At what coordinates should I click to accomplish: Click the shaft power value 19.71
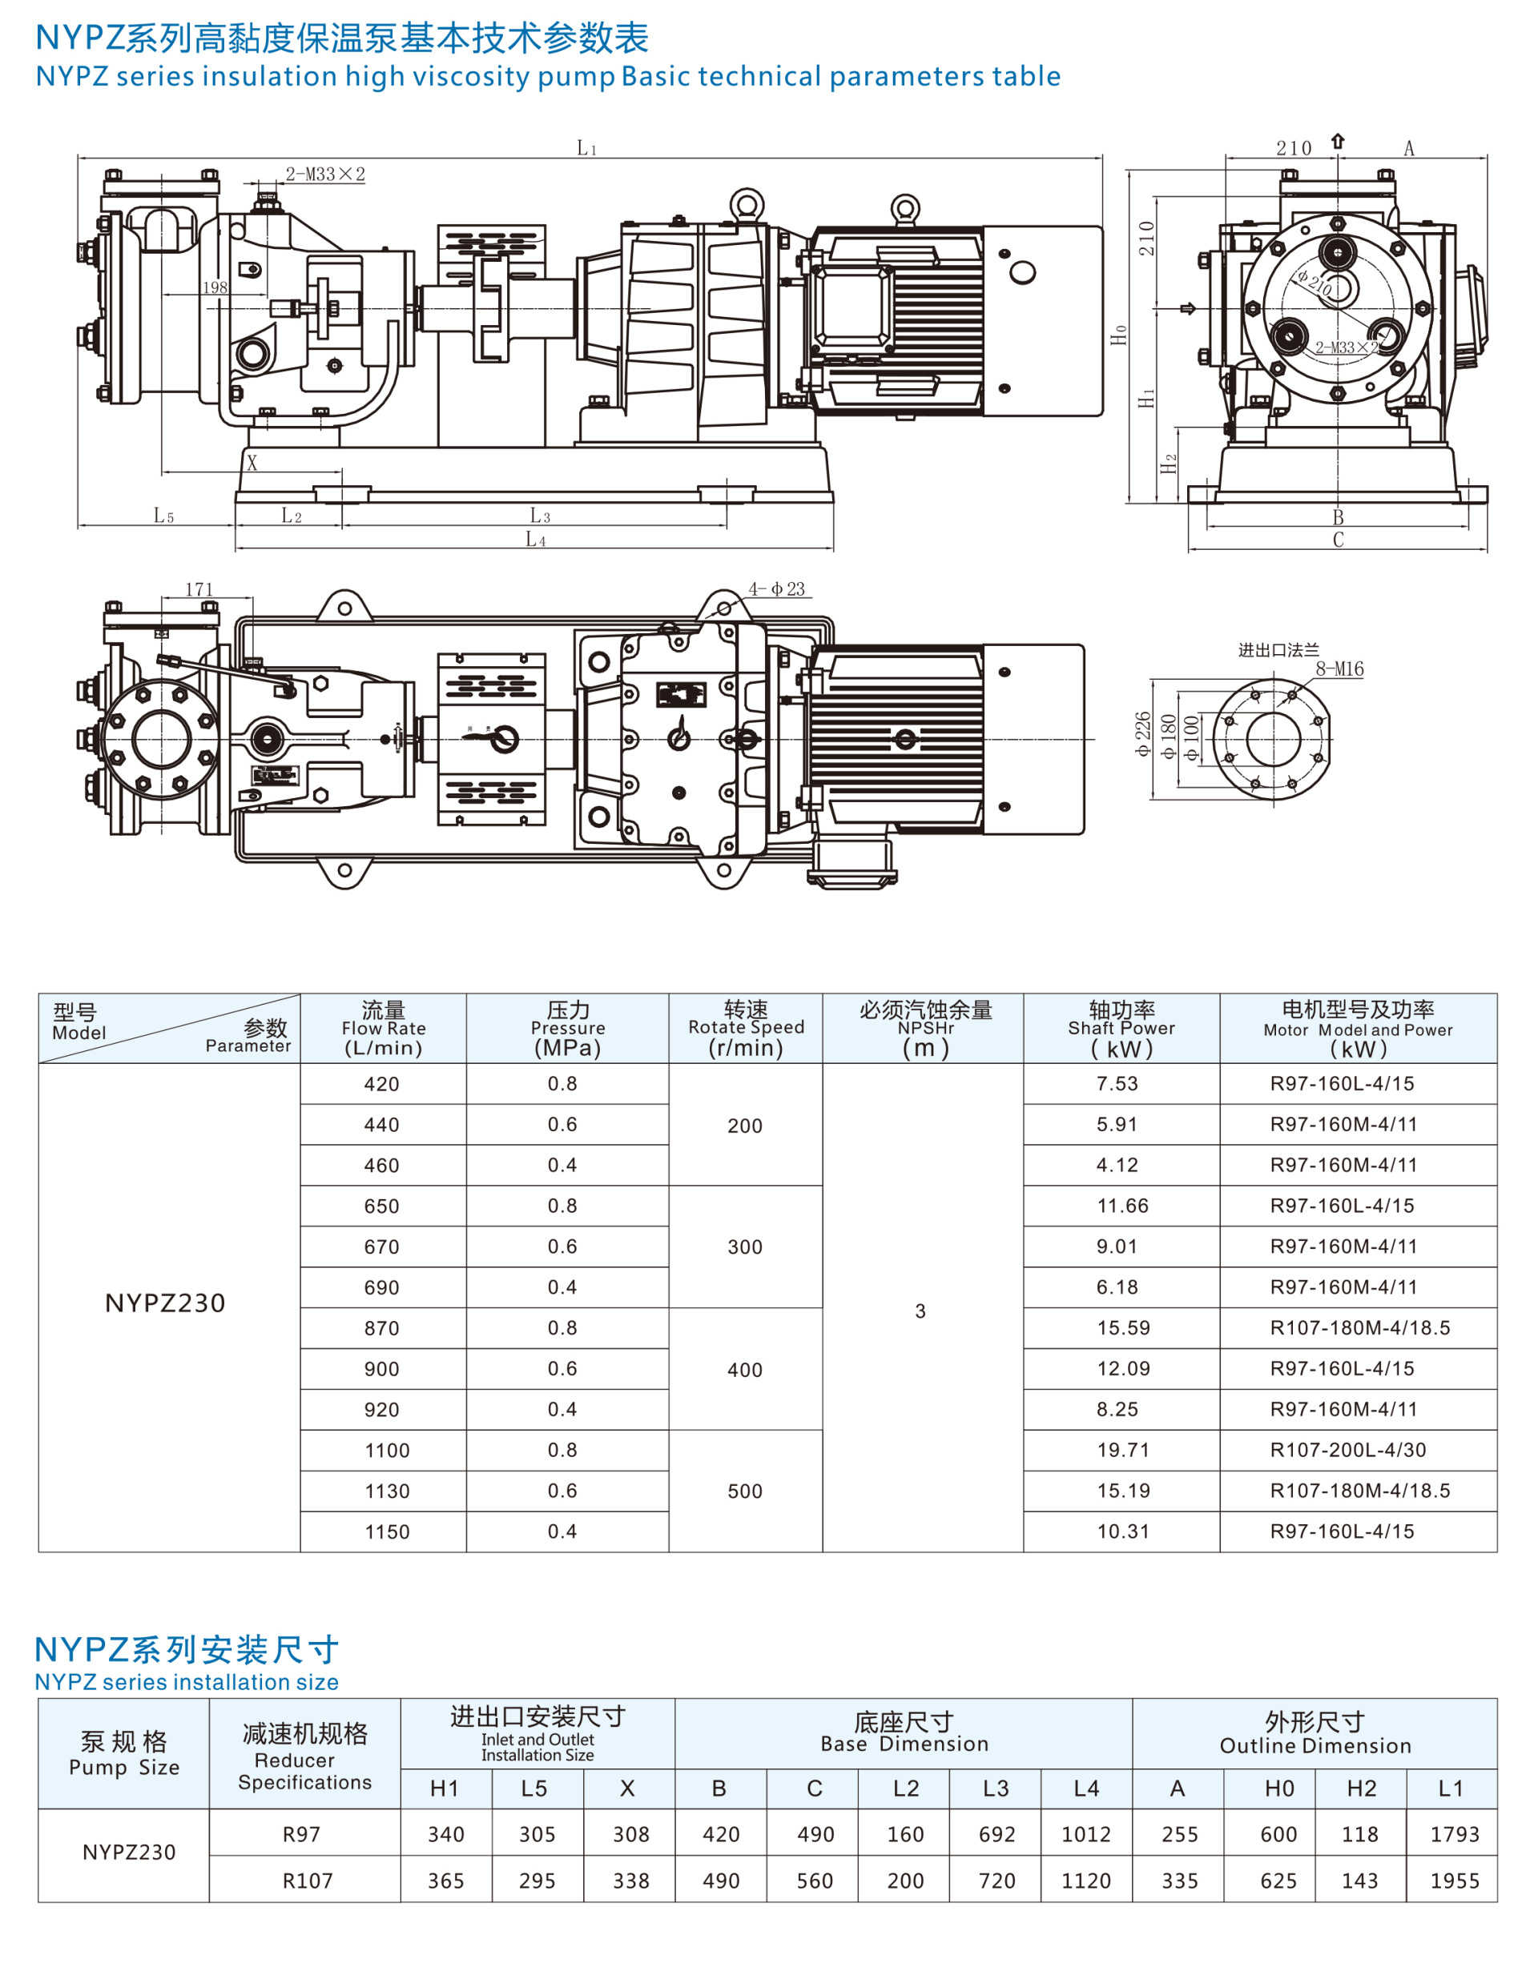coord(1122,1450)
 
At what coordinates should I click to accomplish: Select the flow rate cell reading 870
coord(382,1328)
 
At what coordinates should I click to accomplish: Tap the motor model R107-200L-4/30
coord(1347,1450)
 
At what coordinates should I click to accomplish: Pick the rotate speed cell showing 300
coord(745,1247)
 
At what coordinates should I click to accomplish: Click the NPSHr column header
coord(924,1028)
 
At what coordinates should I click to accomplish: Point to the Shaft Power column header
coord(1121,1028)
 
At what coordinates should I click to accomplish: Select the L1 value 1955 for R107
coord(1454,1881)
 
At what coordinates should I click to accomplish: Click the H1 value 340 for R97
coord(445,1834)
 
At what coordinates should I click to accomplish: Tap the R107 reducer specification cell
coord(307,1881)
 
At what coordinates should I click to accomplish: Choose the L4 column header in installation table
coord(1086,1788)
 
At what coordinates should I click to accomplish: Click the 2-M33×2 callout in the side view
coord(325,175)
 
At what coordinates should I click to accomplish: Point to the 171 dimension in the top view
coord(199,589)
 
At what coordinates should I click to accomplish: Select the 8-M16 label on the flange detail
coord(1339,668)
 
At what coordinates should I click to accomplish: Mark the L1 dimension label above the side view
coord(586,147)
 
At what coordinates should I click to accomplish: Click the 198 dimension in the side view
coord(215,287)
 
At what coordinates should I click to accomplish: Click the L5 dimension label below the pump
coord(163,516)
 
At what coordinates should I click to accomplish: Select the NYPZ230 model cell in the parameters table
coord(166,1303)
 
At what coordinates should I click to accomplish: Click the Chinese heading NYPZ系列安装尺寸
coord(187,1650)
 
